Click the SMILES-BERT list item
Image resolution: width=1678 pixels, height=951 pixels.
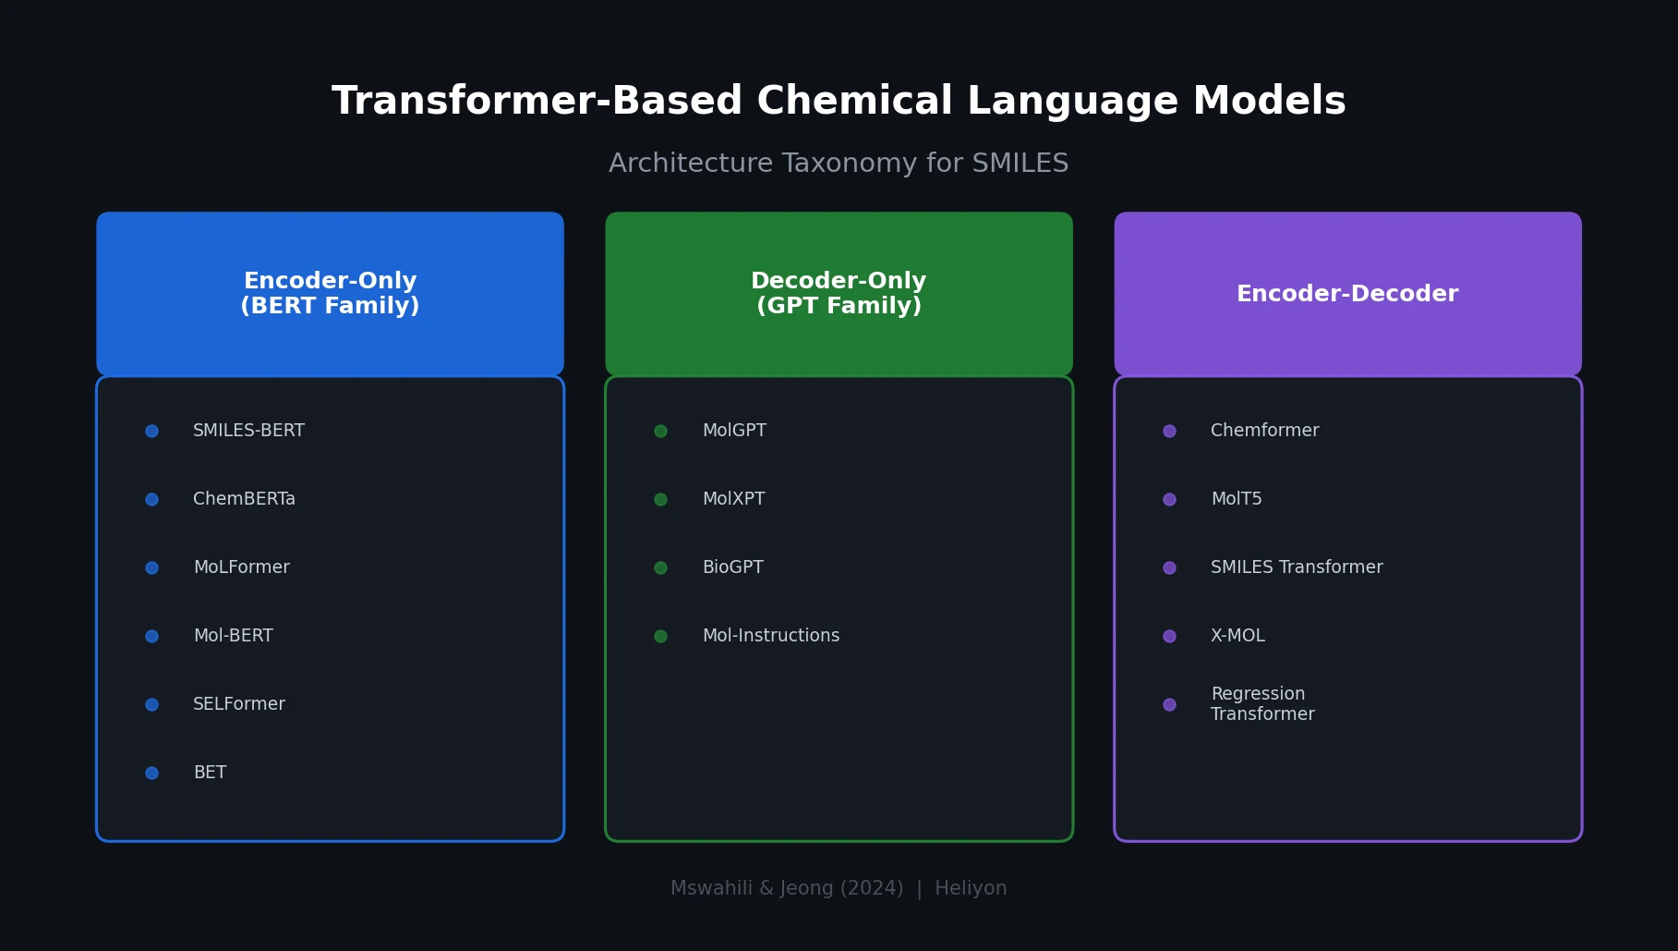[248, 431]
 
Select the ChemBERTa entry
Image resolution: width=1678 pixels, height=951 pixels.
[244, 499]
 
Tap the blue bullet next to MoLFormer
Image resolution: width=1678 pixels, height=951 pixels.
[151, 567]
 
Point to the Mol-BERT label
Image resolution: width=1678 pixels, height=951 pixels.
[233, 636]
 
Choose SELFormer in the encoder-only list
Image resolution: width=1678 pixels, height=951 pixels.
[238, 704]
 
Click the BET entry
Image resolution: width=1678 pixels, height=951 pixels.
[210, 773]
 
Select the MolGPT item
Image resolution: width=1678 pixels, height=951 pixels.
[734, 431]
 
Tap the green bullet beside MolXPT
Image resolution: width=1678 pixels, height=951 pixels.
[660, 499]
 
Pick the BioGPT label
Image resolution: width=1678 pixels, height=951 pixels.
[732, 567]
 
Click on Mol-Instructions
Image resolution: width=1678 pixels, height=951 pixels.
[770, 636]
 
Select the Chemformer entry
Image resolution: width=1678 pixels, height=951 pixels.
[1264, 431]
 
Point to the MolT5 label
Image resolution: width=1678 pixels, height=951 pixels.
[1236, 499]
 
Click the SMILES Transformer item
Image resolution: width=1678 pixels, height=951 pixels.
[1296, 567]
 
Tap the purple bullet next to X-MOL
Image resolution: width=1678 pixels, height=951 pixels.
[1169, 636]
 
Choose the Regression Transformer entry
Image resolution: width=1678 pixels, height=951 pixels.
[1262, 704]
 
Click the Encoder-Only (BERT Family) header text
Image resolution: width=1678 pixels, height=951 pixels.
[330, 294]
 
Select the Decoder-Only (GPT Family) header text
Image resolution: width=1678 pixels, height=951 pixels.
[839, 294]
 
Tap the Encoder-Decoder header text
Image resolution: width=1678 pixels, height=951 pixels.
[1346, 294]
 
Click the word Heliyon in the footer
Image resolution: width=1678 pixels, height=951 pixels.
[971, 888]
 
